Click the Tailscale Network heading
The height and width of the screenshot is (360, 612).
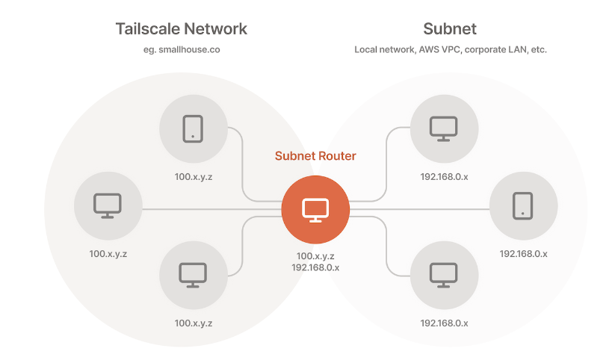coord(181,30)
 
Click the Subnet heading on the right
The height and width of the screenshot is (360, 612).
coord(449,30)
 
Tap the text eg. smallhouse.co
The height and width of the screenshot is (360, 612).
coord(182,50)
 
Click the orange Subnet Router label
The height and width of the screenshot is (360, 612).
coord(315,156)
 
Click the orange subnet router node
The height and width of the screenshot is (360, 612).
coord(315,210)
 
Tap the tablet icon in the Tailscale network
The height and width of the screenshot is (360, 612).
coord(193,128)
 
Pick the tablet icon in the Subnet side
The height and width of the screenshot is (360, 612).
coord(523,205)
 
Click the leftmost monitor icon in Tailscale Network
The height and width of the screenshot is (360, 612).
coord(108,205)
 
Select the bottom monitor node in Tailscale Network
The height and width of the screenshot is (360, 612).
coord(193,274)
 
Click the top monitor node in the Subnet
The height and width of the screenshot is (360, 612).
coord(443,128)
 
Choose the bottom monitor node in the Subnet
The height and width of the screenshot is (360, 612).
coord(443,274)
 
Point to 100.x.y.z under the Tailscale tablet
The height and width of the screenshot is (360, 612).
coord(193,178)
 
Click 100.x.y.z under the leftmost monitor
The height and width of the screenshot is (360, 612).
coord(108,254)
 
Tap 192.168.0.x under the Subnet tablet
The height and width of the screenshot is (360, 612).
coord(523,254)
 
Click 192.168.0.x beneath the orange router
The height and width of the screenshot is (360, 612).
coord(315,267)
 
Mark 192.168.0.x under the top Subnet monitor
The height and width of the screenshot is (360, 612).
coord(444,178)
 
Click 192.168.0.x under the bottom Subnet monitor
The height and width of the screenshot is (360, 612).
coord(444,323)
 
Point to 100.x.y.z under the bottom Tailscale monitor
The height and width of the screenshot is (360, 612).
coord(193,323)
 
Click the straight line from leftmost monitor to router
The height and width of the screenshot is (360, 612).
coord(209,210)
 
